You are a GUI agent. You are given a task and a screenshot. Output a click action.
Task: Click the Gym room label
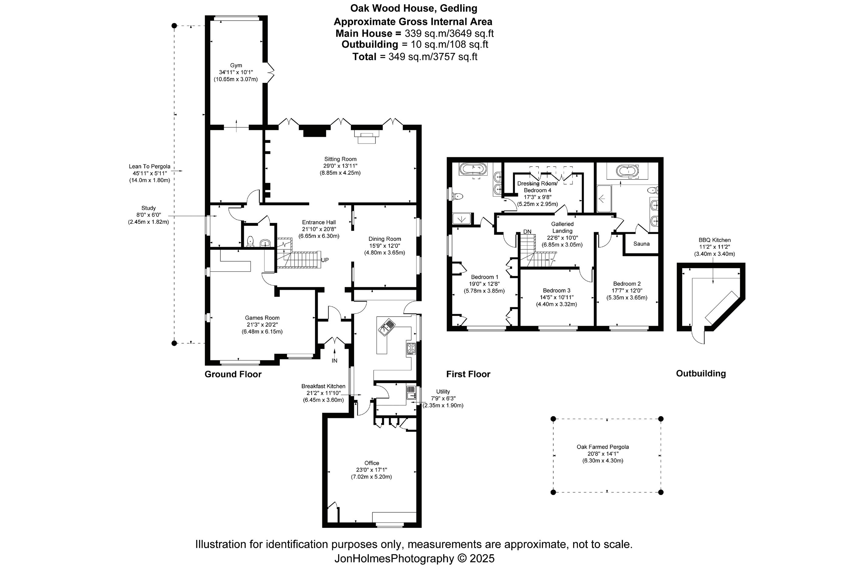pos(236,65)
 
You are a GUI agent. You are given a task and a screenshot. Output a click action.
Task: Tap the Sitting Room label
pos(340,159)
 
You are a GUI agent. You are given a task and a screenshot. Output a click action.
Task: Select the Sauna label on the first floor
pos(641,244)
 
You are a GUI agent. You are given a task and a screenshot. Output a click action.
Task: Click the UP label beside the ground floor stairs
pos(325,260)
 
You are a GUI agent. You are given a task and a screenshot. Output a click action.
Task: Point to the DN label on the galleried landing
pos(527,231)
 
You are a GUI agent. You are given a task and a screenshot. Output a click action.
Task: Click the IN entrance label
pos(334,361)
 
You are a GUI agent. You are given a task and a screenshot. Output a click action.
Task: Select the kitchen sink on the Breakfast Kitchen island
pos(387,326)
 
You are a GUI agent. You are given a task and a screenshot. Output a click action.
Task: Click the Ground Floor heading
pos(233,374)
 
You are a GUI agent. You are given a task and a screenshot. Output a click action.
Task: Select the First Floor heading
pos(468,374)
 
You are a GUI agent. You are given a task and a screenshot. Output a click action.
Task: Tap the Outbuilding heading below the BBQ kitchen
pos(701,373)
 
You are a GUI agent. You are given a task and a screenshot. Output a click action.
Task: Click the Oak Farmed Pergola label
pos(603,447)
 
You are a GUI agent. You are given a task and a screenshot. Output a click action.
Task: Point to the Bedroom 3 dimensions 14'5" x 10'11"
pos(557,297)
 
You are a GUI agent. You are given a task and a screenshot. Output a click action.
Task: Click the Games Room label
pos(262,317)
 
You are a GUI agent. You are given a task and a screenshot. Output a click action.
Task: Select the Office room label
pos(371,463)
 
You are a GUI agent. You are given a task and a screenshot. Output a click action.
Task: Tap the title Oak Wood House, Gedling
pos(413,8)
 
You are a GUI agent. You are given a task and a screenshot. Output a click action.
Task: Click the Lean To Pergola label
pos(150,166)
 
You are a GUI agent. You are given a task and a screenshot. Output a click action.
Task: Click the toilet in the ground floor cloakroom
pos(250,241)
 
